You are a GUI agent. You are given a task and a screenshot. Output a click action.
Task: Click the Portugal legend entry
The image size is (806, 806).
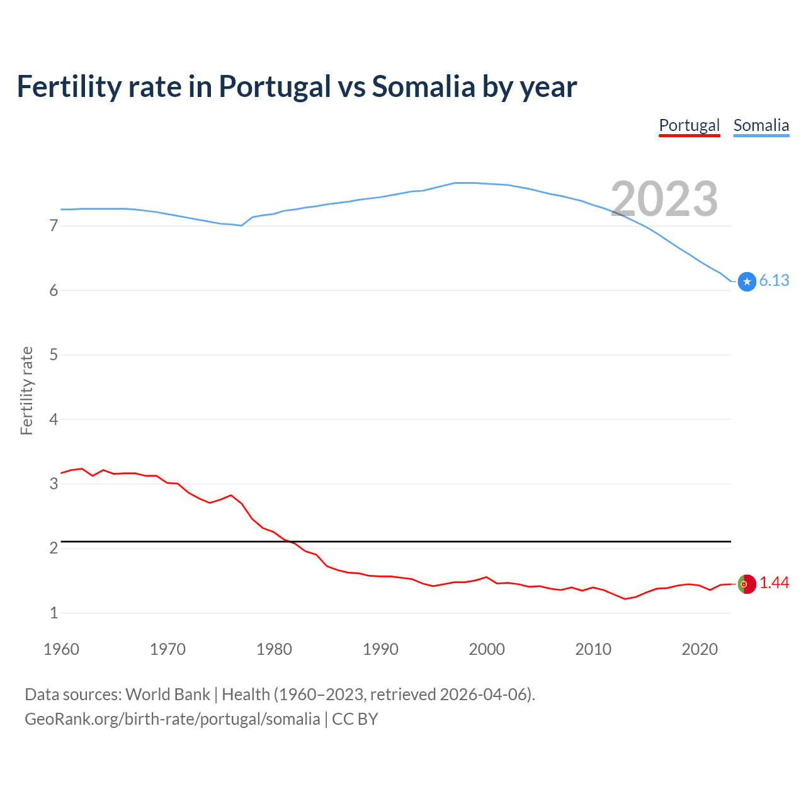pos(689,125)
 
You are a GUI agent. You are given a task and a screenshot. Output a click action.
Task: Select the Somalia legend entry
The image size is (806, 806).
pos(761,125)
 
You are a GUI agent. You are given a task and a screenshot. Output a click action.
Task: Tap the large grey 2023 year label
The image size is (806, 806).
pos(664,199)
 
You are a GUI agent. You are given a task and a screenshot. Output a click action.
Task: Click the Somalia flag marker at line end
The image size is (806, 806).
pos(747,281)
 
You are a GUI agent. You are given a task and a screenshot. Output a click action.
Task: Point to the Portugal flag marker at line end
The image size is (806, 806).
pos(747,584)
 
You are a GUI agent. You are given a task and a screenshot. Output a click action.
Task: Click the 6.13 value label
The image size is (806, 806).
pos(774,281)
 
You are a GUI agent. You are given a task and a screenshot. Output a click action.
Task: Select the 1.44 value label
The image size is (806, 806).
pos(774,583)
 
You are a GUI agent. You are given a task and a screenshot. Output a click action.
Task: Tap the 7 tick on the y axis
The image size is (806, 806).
pos(54,225)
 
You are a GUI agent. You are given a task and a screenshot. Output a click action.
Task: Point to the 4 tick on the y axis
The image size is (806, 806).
pos(54,419)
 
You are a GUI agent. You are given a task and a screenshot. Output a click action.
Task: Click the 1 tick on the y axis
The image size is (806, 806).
pos(54,613)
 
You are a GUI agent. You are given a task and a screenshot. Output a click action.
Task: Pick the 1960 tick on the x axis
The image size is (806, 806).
pos(61,649)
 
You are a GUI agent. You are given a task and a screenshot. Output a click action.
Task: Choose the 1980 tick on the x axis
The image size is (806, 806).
pos(274,649)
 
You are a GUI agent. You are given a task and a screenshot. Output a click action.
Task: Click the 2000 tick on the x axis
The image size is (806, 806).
pos(487,649)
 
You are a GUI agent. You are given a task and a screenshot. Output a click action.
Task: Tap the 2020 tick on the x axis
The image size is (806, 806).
pos(700,649)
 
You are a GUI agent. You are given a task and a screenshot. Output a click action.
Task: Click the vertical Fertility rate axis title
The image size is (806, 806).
pos(26,390)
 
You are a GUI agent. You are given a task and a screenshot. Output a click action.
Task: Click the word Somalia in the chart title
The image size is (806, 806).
pos(423,87)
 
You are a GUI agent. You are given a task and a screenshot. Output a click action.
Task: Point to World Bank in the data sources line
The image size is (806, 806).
pos(167,695)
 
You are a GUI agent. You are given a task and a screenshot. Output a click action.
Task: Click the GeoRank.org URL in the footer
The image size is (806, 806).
pos(172,719)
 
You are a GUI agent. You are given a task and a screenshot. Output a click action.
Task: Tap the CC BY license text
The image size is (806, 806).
pos(355,719)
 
